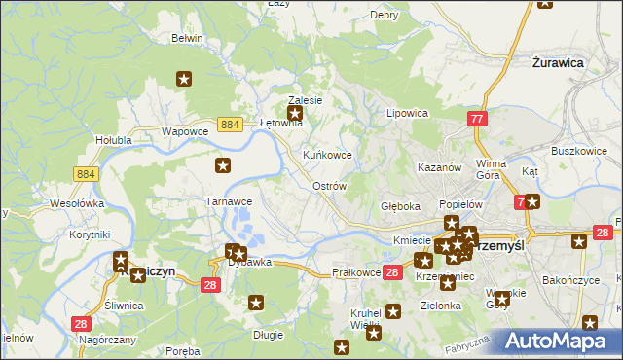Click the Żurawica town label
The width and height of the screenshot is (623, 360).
558,62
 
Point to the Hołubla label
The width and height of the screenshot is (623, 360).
113,140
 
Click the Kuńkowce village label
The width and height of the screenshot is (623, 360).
327,156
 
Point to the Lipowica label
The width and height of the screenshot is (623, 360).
408,113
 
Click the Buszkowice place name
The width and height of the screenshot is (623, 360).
579,152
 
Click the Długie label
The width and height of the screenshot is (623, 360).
268,335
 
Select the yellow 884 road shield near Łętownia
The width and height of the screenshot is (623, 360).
231,125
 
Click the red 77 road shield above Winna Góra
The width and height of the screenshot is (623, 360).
476,119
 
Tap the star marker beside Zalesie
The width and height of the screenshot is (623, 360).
296,115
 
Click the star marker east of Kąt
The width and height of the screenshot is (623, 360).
532,201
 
